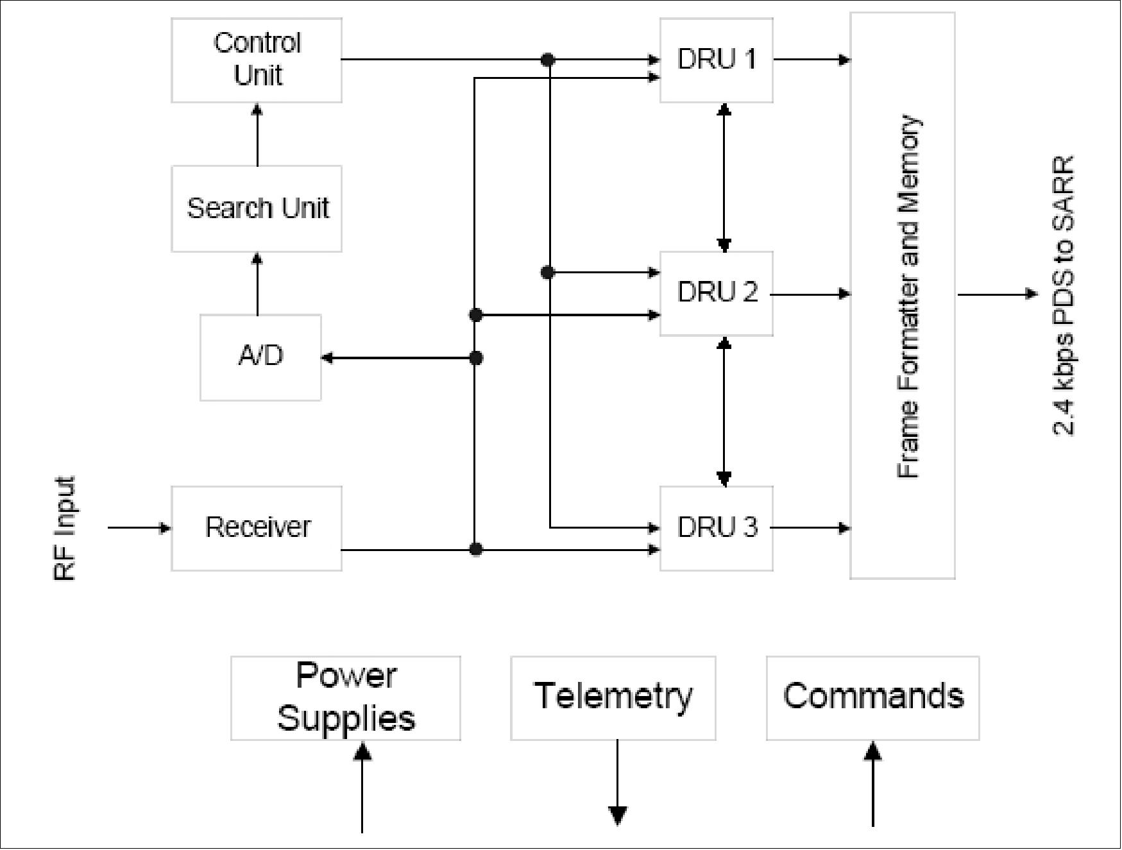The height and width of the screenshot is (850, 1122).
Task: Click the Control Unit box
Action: [x=257, y=60]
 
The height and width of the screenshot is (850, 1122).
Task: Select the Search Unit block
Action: [x=257, y=208]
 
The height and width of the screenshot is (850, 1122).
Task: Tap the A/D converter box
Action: [x=260, y=357]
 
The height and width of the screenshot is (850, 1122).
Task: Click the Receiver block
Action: [x=257, y=528]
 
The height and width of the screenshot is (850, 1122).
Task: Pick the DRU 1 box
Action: [x=717, y=60]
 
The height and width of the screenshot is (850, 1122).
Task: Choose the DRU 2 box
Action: [x=717, y=293]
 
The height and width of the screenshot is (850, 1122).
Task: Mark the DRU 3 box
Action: [x=717, y=528]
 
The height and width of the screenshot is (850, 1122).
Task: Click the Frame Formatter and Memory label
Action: [x=908, y=296]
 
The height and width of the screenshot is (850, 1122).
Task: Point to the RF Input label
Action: [x=64, y=528]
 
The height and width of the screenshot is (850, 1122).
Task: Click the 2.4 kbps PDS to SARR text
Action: [x=1062, y=295]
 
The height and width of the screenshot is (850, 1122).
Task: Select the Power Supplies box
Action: [x=346, y=698]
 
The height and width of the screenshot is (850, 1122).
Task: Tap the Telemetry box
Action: [x=613, y=698]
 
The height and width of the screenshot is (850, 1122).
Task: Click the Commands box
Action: [x=872, y=698]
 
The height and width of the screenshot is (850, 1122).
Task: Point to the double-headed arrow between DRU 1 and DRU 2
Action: [x=724, y=177]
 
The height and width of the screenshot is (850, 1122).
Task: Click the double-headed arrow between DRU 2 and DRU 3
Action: [x=724, y=411]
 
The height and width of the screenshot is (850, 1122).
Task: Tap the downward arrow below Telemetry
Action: [x=617, y=786]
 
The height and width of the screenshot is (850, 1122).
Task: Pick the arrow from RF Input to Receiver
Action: [x=139, y=528]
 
